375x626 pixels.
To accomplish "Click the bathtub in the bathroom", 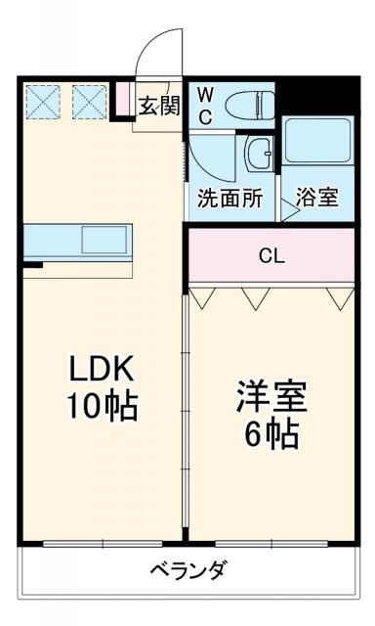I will (x=316, y=144).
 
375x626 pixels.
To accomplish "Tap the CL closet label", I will (x=271, y=256).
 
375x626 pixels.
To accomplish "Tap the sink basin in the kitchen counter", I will (x=104, y=239).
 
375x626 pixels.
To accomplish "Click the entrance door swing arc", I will (x=156, y=49).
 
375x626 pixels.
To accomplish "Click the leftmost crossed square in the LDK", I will (x=44, y=100).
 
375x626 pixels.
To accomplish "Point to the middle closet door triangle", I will (x=256, y=297).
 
